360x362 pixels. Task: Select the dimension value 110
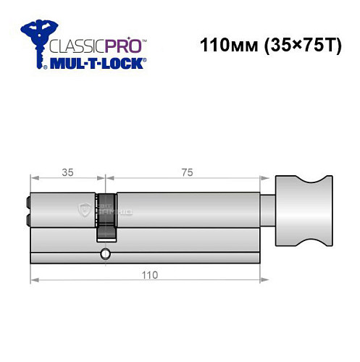(x=148, y=275)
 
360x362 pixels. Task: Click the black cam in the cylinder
(x=106, y=217)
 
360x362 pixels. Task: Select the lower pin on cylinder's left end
(x=28, y=217)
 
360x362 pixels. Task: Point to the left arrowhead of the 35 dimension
(x=33, y=179)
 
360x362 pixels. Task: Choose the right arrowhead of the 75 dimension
(x=258, y=179)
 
